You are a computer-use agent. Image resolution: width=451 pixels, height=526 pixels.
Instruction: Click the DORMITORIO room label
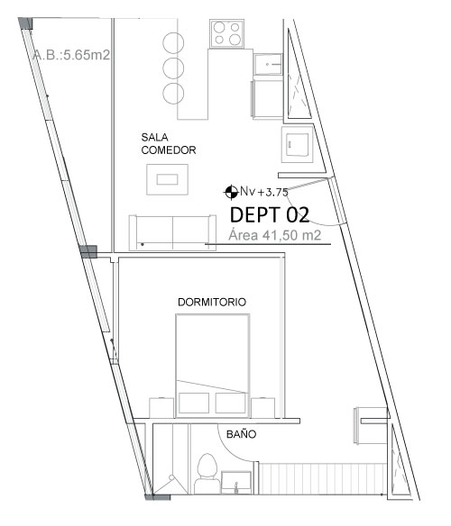coord(212,302)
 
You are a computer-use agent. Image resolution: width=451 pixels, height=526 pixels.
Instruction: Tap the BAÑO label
coord(242,434)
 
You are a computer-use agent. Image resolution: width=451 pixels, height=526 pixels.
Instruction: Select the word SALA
coord(154,137)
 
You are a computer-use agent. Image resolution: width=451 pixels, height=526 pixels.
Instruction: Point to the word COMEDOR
coord(169,150)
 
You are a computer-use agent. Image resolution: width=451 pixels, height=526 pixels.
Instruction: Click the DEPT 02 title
coord(270,214)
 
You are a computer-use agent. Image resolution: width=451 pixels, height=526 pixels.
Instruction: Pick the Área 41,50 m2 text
coord(274,235)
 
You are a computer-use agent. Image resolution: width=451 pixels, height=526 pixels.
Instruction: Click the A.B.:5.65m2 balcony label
coord(71,55)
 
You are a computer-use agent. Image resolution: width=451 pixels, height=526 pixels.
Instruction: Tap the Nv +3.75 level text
coord(264,192)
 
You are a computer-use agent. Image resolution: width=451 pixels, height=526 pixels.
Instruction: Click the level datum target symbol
coord(231,192)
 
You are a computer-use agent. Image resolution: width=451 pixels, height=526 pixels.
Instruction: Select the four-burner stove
coord(226,33)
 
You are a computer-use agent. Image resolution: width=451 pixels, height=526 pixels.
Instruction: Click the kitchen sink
coord(268,64)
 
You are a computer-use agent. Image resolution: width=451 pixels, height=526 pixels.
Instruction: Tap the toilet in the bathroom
coord(207,474)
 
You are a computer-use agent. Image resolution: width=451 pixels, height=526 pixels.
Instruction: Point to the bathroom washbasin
coord(236,483)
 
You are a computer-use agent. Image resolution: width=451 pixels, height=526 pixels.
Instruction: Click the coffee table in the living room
coord(167,179)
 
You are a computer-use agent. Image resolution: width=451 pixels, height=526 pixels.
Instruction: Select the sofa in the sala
coord(172,232)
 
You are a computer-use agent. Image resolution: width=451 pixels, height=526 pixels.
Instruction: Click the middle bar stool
coord(173,68)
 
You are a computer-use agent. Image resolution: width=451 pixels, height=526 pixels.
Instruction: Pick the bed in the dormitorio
coord(212,366)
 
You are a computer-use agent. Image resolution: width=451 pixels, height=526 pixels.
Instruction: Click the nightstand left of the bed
coord(161,408)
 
